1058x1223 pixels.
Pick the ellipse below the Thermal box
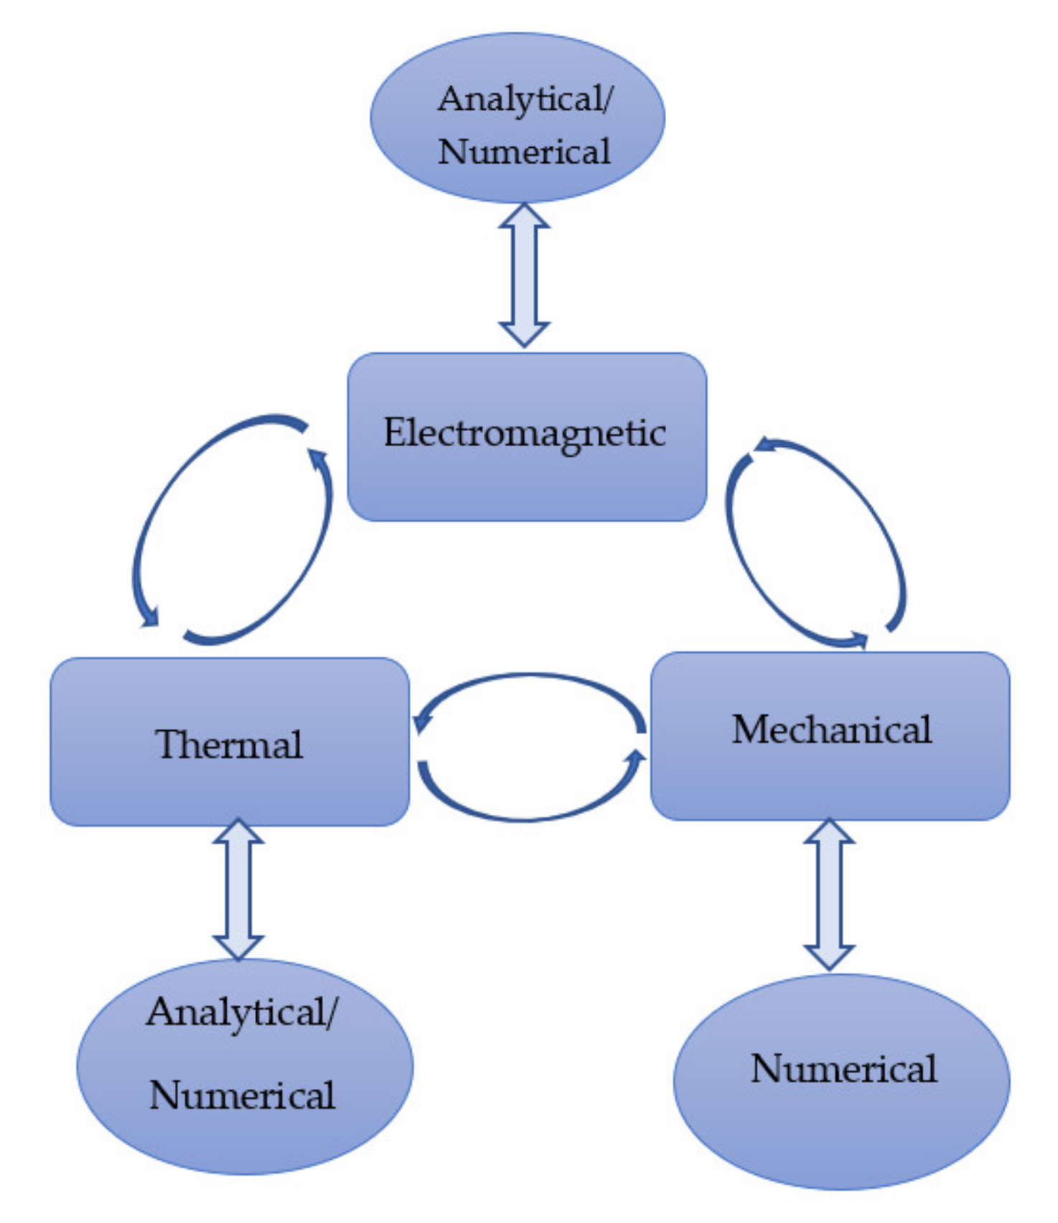coord(244,1141)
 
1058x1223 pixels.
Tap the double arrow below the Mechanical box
coord(829,894)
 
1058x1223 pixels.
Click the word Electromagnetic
coord(525,433)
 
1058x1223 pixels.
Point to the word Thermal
coord(229,744)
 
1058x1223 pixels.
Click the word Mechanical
coord(831,729)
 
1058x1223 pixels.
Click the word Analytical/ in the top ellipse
coord(525,99)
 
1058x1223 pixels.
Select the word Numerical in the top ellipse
coord(524,151)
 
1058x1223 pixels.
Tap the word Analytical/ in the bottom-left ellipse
coord(242,1012)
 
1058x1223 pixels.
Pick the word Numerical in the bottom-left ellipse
coord(242,1095)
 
